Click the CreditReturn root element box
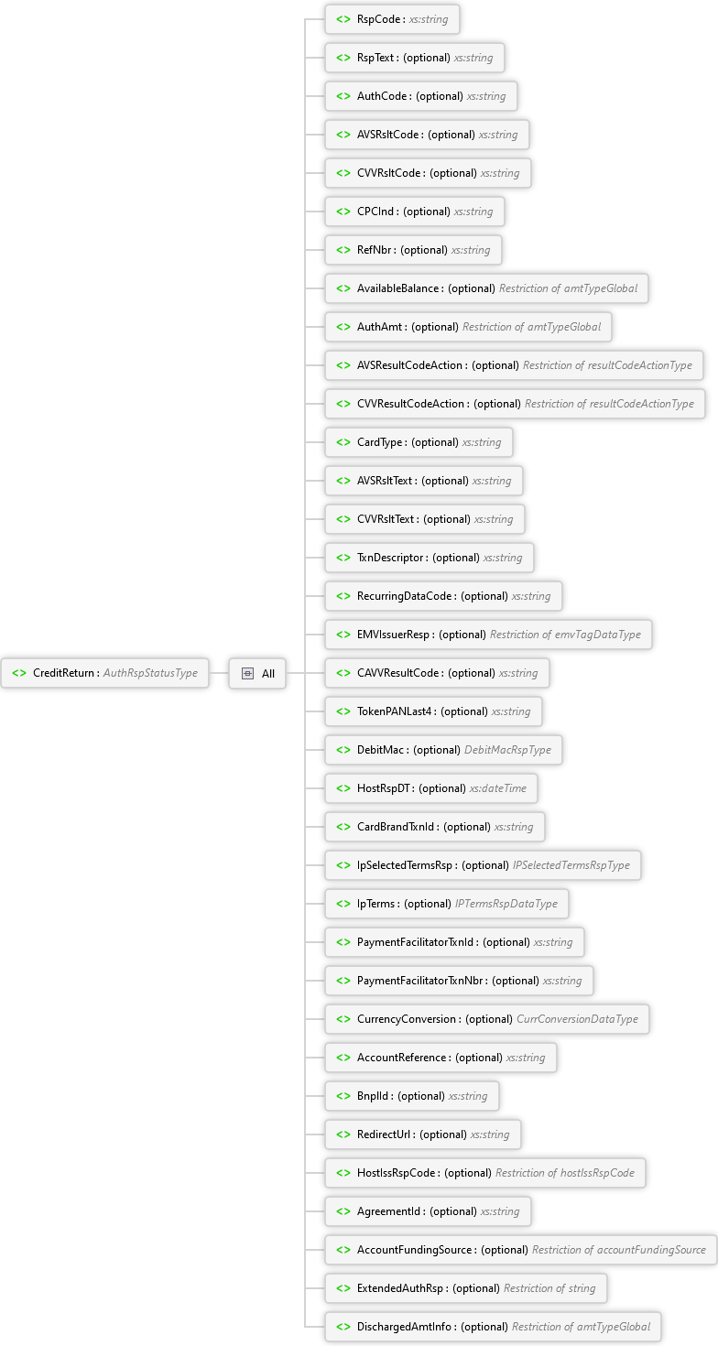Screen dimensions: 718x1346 [x=104, y=673]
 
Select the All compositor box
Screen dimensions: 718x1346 [x=257, y=673]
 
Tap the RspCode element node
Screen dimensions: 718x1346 [x=392, y=19]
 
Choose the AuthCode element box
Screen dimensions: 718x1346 [x=421, y=96]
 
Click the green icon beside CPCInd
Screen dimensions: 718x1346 [x=343, y=212]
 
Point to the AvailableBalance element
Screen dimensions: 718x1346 [x=486, y=288]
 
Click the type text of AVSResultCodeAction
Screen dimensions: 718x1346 [x=607, y=365]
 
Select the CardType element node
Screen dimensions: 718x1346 [x=419, y=442]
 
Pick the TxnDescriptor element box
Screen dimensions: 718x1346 [x=429, y=558]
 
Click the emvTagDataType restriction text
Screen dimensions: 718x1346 [x=565, y=635]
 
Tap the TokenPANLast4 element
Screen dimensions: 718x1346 [x=433, y=711]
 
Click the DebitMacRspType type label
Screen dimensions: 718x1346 [x=507, y=750]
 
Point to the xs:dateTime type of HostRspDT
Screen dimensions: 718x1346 [x=497, y=788]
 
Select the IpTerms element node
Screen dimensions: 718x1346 [x=446, y=904]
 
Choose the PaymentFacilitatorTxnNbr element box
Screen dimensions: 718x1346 [x=459, y=981]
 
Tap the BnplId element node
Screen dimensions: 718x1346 [x=411, y=1096]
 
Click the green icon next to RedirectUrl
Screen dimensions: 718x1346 [x=343, y=1134]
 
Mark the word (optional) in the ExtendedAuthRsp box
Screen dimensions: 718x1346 [x=476, y=1288]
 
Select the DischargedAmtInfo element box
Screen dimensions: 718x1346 [x=493, y=1327]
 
